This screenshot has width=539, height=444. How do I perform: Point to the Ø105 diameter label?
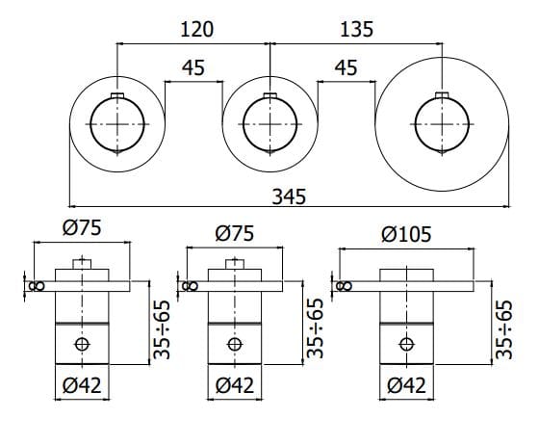[x=406, y=234]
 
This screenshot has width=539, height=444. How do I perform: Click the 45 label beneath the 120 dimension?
[x=193, y=69]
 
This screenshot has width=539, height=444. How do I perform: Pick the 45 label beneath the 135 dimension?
[x=346, y=69]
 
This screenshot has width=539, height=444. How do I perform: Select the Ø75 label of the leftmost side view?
[x=80, y=228]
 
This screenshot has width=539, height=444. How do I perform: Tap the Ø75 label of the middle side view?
[x=236, y=234]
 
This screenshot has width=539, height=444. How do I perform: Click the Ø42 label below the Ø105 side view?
[x=406, y=385]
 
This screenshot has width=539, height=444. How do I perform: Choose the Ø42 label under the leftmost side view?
[x=80, y=385]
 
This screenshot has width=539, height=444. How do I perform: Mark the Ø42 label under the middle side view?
[x=236, y=385]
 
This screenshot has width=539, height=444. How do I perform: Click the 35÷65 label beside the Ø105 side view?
[x=503, y=329]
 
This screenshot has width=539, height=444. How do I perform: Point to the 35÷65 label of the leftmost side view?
[x=162, y=329]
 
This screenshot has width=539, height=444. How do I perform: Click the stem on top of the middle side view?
[x=233, y=265]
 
